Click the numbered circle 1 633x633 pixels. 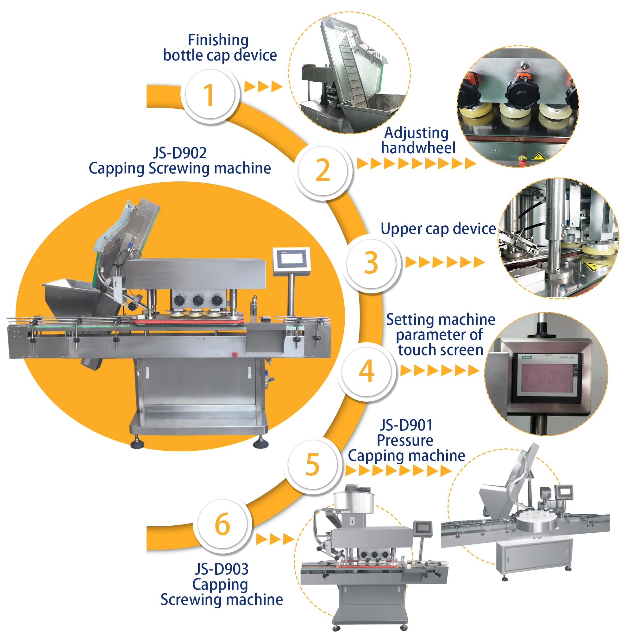(210, 95)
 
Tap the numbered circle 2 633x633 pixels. (323, 170)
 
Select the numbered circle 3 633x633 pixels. (371, 263)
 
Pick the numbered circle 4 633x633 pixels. (367, 371)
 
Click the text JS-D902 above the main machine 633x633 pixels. (180, 153)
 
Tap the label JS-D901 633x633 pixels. (406, 425)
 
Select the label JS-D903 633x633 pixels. (222, 569)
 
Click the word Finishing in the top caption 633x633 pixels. (218, 40)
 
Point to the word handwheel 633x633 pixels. (418, 148)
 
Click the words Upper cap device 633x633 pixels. (438, 229)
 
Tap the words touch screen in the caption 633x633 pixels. (441, 350)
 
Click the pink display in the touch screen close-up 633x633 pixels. (547, 379)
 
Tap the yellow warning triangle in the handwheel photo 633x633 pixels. (538, 156)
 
